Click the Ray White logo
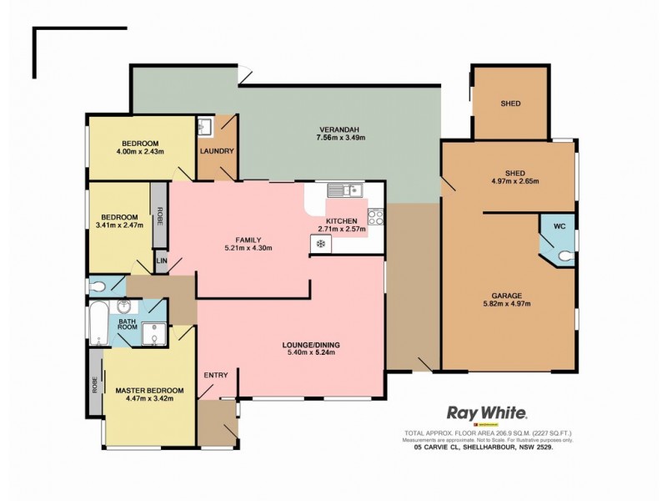pyautogui.click(x=487, y=412)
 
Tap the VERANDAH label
pyautogui.click(x=339, y=129)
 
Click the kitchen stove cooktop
pyautogui.click(x=374, y=218)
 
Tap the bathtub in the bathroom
pyautogui.click(x=98, y=326)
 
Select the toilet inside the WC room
pyautogui.click(x=567, y=256)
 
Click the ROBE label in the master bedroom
pyautogui.click(x=94, y=383)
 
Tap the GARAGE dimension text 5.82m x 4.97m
pyautogui.click(x=506, y=305)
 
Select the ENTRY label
pyautogui.click(x=216, y=374)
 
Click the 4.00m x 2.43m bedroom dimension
pyautogui.click(x=140, y=152)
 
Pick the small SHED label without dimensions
pyautogui.click(x=510, y=104)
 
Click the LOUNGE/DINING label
pyautogui.click(x=311, y=345)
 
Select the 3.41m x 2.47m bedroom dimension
pyautogui.click(x=118, y=225)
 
